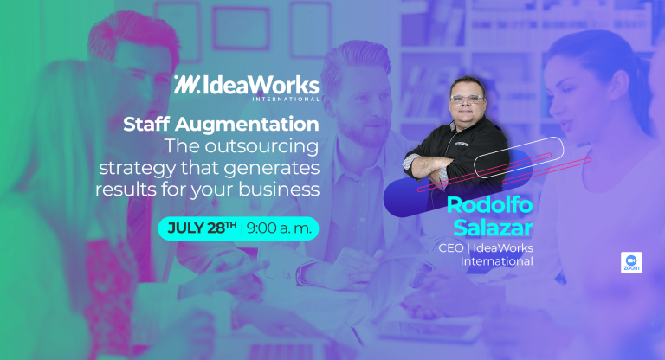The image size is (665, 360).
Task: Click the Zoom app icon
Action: [x=631, y=262]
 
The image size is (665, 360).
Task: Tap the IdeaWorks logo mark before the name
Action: [x=186, y=85]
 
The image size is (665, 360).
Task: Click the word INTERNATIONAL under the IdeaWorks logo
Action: [x=286, y=100]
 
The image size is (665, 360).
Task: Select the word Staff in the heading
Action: [x=146, y=125]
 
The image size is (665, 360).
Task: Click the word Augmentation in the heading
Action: [x=247, y=125]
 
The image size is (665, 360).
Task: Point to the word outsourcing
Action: [x=261, y=147]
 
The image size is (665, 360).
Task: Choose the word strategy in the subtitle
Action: [x=138, y=169]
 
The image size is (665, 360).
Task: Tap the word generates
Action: [x=271, y=169]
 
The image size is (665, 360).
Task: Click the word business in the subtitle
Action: [x=279, y=190]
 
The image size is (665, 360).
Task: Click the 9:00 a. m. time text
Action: [x=279, y=228]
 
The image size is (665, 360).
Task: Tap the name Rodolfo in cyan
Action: [x=489, y=205]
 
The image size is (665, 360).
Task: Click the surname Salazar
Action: [x=493, y=228]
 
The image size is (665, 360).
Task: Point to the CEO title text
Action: [x=451, y=248]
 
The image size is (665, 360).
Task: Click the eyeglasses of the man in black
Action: [x=466, y=100]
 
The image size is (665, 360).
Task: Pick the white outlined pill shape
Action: [x=519, y=157]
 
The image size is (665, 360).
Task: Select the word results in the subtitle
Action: [x=126, y=190]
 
